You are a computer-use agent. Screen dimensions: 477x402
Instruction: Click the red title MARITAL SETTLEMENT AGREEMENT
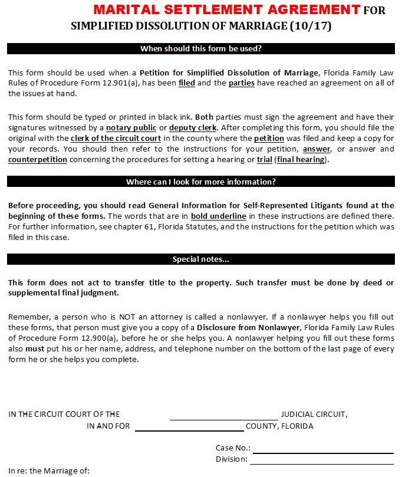(226, 10)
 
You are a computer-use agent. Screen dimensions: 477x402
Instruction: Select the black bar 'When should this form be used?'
(201, 49)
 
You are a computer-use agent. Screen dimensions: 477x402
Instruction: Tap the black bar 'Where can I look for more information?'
(201, 182)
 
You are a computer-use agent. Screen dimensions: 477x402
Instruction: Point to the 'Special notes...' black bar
(201, 259)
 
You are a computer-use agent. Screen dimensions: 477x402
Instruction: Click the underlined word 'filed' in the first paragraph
(186, 83)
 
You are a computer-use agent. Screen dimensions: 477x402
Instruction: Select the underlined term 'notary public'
(131, 128)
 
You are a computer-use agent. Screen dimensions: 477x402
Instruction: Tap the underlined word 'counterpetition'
(38, 160)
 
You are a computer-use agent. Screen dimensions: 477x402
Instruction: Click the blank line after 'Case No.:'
(322, 452)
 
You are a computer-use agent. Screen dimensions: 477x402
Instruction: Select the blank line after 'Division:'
(322, 463)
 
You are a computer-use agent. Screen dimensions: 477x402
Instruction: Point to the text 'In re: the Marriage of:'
(48, 471)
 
